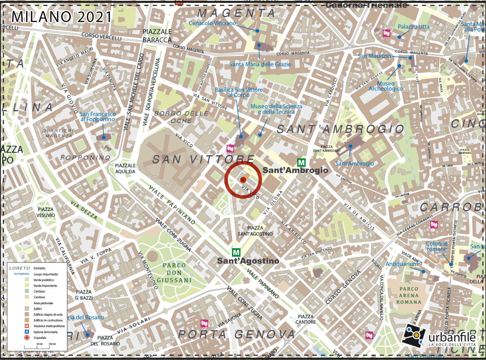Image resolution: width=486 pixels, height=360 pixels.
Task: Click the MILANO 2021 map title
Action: point(62,17)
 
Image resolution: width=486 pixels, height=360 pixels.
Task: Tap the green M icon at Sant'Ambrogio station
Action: point(301,163)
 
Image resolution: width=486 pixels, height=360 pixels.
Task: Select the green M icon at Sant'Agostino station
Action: point(236,252)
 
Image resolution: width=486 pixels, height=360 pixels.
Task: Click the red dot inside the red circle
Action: point(243,180)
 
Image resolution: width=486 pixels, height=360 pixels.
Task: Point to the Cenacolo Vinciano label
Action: point(212,23)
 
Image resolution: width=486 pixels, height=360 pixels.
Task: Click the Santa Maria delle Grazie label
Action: point(260,64)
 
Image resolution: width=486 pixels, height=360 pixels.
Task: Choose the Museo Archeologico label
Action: point(385,86)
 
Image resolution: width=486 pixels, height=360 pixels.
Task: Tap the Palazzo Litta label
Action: point(413,27)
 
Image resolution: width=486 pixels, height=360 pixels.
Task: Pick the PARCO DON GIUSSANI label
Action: point(174,273)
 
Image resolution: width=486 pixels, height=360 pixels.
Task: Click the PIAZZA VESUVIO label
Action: point(46,212)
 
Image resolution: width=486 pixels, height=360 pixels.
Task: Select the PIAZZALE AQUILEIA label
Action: point(125,168)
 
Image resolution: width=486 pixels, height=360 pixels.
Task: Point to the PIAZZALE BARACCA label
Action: point(157,36)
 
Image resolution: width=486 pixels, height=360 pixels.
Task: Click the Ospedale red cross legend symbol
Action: point(27,338)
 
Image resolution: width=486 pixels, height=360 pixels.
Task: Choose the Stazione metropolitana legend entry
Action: point(49,326)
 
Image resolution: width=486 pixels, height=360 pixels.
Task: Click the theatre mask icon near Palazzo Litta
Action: point(386,33)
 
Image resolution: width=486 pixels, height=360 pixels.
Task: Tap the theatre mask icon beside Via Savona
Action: point(205,323)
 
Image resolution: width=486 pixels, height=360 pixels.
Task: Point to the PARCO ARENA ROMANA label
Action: point(409,295)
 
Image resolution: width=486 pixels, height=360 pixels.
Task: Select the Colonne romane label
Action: point(437,246)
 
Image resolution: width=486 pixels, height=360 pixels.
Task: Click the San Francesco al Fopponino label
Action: point(97,117)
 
